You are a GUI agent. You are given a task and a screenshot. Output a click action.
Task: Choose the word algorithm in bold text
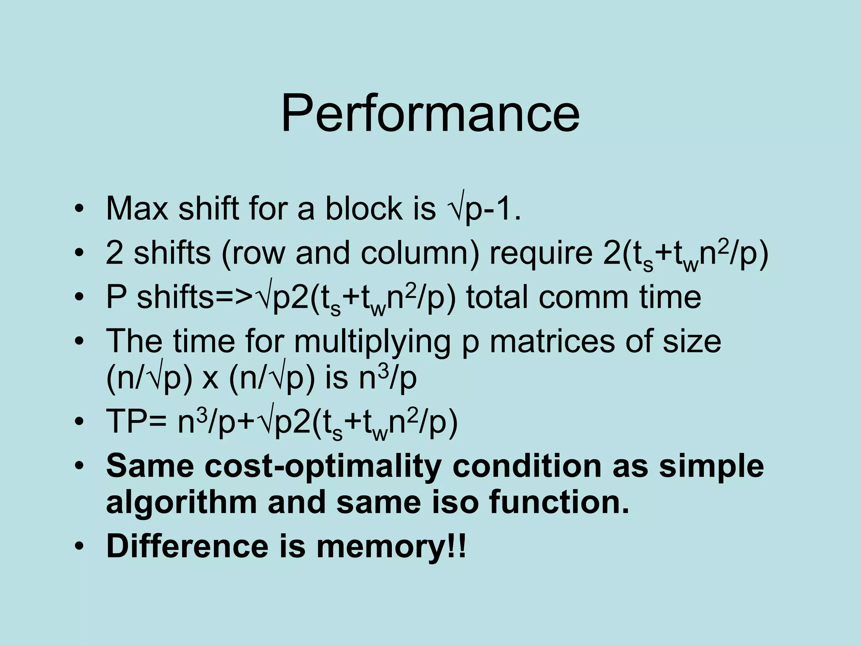tap(181, 503)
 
